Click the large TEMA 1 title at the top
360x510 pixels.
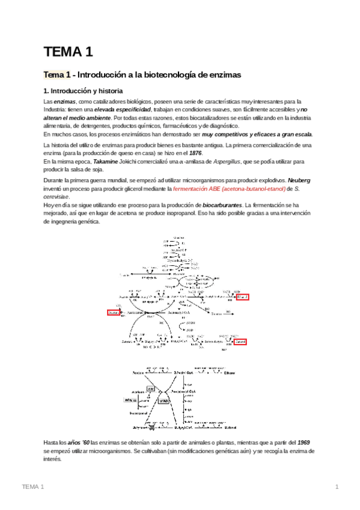(x=68, y=52)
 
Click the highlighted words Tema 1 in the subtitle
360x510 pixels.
(x=56, y=75)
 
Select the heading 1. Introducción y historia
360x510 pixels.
(x=83, y=91)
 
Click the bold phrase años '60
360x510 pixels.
(x=76, y=442)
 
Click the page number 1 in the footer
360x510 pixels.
(x=337, y=487)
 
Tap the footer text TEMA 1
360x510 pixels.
(x=33, y=487)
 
